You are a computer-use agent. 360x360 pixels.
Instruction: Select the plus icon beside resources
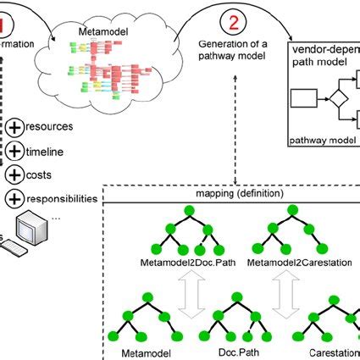point(14,127)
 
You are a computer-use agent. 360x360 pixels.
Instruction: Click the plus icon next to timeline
point(14,151)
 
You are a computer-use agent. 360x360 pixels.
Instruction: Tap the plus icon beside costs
point(14,174)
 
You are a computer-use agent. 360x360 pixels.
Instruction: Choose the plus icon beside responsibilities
point(14,198)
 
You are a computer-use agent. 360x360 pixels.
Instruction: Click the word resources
point(48,127)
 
